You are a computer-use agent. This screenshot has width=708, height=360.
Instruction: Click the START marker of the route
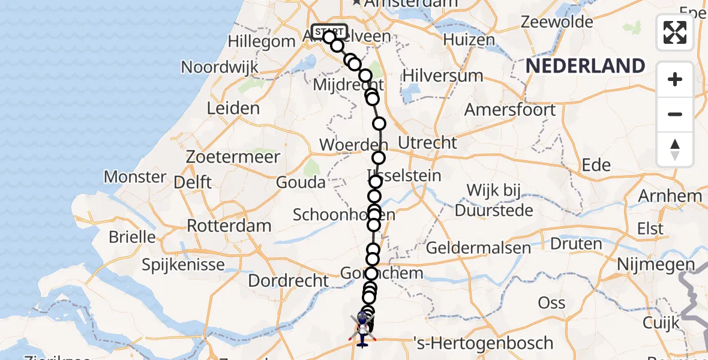(x=329, y=31)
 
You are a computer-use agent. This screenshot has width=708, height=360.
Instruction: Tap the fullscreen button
(x=675, y=32)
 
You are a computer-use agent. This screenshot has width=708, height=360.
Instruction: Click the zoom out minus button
(x=675, y=114)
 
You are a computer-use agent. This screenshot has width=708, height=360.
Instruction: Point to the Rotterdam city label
(x=229, y=226)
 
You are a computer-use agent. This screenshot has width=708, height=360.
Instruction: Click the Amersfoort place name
(x=510, y=110)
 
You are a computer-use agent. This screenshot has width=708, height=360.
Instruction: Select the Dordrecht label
(x=289, y=280)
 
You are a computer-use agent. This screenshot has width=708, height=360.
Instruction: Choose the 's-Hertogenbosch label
(x=484, y=343)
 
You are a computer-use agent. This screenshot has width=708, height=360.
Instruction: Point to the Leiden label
(x=233, y=109)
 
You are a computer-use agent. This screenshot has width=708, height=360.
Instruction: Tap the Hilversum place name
(x=443, y=76)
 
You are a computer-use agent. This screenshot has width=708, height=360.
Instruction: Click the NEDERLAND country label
(x=586, y=66)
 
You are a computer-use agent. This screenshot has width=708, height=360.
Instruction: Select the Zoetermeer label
(x=233, y=157)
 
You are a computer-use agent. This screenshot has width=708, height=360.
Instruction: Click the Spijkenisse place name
(x=184, y=264)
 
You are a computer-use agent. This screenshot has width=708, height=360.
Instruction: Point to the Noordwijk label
(x=220, y=67)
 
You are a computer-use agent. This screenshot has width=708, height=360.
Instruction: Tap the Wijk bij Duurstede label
(x=494, y=200)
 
